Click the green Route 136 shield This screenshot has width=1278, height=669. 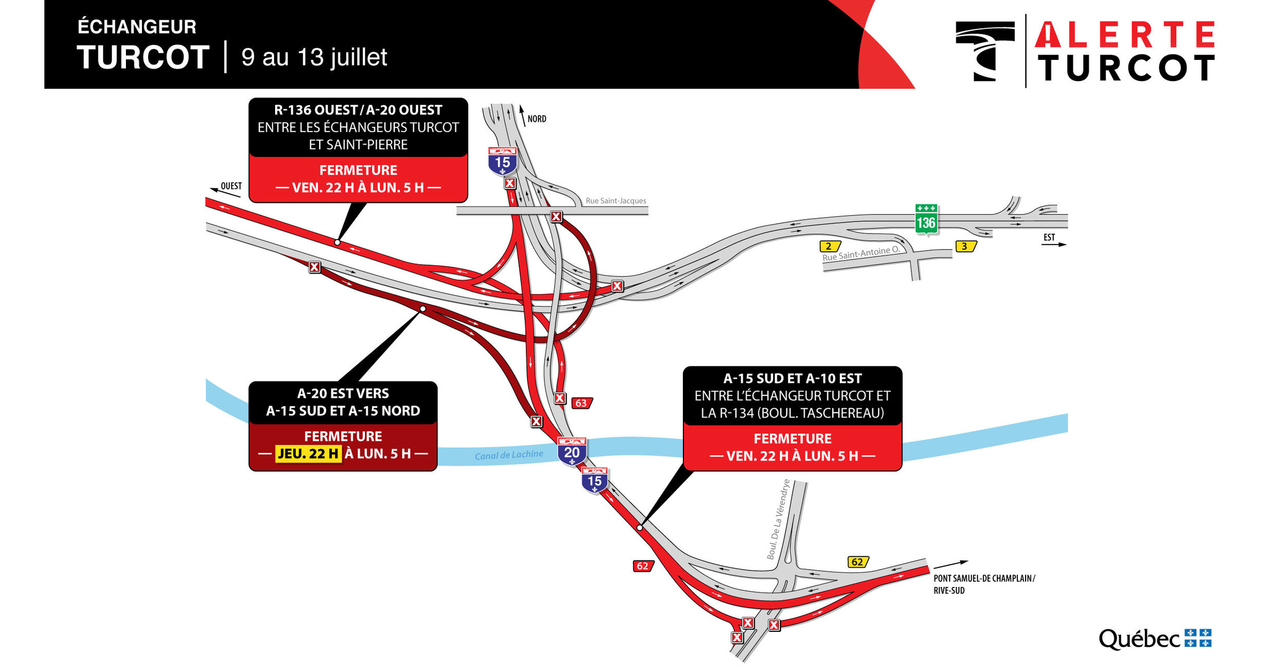[926, 220]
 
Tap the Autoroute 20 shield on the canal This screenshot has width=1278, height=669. [571, 451]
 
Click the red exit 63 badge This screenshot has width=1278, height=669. [581, 403]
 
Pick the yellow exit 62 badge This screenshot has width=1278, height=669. [857, 562]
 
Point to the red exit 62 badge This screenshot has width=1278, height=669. [642, 566]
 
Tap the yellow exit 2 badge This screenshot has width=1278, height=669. [829, 246]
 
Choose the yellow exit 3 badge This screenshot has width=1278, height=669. [965, 246]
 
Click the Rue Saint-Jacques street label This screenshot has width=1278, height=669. [616, 201]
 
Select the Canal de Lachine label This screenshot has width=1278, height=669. [509, 455]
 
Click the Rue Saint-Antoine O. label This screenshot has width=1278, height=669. [860, 254]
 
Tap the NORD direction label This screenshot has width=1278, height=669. [536, 119]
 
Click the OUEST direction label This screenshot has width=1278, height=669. [231, 186]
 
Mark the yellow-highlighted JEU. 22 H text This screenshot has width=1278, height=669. [308, 454]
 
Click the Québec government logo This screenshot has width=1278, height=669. [1154, 639]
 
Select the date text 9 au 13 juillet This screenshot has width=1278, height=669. [314, 57]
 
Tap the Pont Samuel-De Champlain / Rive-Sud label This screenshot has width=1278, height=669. [983, 584]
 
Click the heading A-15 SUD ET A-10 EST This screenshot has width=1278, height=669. [792, 379]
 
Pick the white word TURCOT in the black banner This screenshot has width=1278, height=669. [143, 57]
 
